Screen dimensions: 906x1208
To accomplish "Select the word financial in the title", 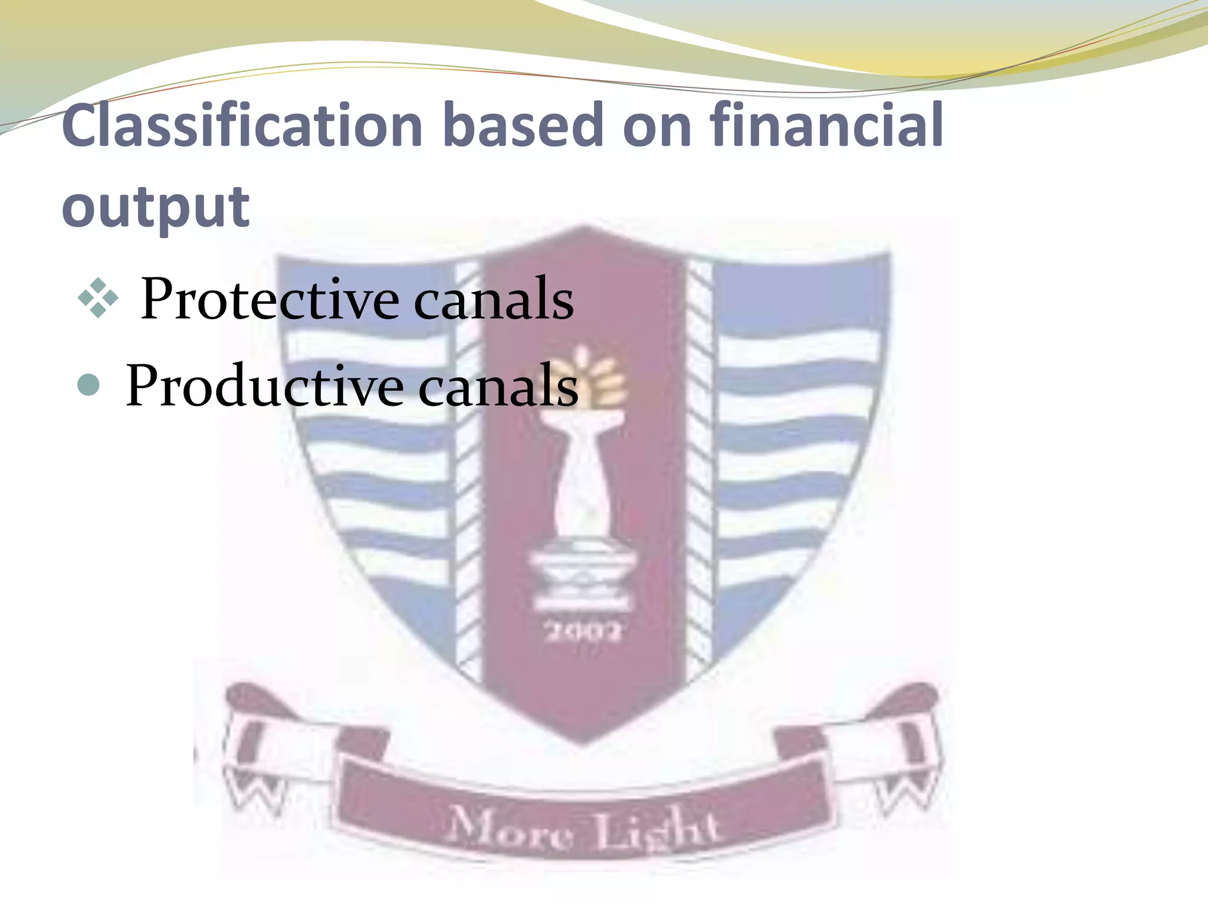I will (826, 125).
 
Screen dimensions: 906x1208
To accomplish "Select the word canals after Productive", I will (498, 386).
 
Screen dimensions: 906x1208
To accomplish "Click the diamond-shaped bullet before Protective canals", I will (97, 299).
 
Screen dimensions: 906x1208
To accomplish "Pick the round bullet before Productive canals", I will (89, 386).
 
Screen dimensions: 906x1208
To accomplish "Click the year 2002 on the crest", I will (583, 632).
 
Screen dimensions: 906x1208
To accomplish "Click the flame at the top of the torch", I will (596, 377).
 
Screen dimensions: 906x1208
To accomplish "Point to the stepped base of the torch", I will (581, 581).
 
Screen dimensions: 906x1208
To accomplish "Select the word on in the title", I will (656, 125).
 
